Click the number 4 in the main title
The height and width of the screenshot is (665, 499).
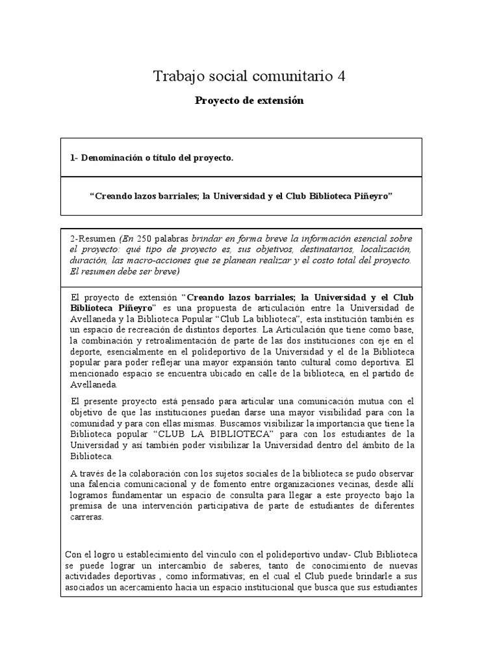point(341,77)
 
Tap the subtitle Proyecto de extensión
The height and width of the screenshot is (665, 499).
point(249,101)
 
